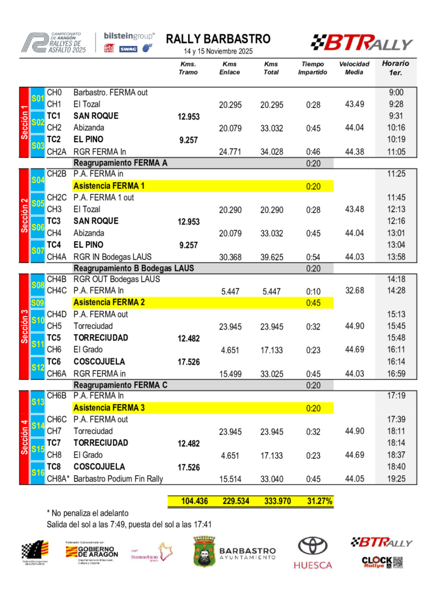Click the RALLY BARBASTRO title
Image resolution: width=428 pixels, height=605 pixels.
click(218, 39)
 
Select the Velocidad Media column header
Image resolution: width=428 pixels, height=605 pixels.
click(354, 68)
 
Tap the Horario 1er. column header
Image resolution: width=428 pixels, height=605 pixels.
click(396, 68)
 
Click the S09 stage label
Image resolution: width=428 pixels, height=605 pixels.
click(38, 303)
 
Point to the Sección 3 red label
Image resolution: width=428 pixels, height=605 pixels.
click(25, 327)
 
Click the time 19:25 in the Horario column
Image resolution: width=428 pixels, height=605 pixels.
click(396, 479)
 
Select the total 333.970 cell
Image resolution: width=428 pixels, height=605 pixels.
click(271, 501)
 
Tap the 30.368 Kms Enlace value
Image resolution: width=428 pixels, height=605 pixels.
click(230, 257)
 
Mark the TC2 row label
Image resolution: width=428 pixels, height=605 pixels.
click(53, 139)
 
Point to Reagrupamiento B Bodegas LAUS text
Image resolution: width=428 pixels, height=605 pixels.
click(133, 268)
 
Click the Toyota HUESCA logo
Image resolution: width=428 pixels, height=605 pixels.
click(313, 553)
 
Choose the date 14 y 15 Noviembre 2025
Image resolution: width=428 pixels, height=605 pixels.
click(218, 52)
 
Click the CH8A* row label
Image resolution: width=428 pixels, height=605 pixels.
click(58, 479)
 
